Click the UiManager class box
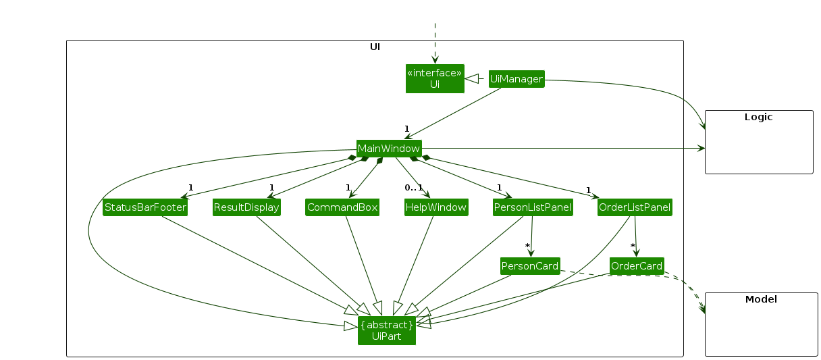[516, 79]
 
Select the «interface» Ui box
[435, 78]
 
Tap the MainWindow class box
[389, 149]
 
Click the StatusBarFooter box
[145, 207]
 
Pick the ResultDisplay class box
[246, 207]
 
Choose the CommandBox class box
[342, 207]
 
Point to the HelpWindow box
[436, 207]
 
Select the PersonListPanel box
[533, 207]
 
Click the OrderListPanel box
[635, 207]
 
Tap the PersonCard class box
[530, 266]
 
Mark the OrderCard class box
[636, 266]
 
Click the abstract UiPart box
[387, 330]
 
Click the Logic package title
[758, 117]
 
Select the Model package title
[761, 299]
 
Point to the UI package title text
[375, 47]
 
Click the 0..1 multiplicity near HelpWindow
[413, 187]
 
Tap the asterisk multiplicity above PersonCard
[528, 246]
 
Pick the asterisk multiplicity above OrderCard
[633, 246]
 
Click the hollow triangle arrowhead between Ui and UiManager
[473, 79]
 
